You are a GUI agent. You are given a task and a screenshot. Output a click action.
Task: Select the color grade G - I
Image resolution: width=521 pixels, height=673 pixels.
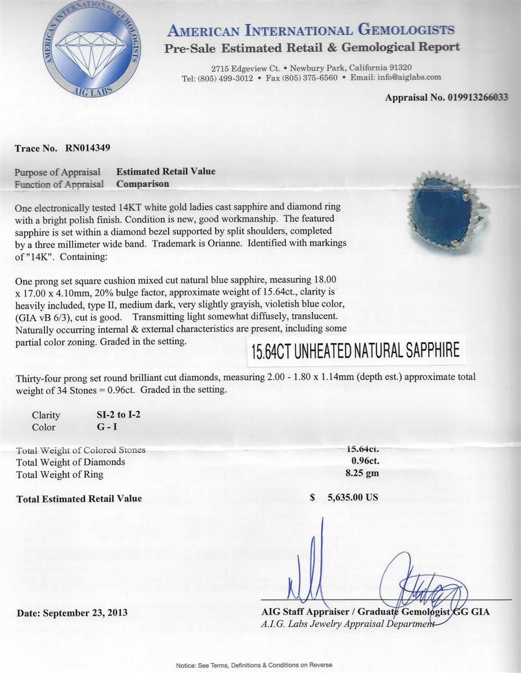click(102, 427)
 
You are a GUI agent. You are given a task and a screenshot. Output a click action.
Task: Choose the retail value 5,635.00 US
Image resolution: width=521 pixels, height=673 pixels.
click(353, 498)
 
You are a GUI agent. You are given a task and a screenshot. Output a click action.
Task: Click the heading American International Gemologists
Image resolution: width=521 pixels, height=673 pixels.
click(311, 30)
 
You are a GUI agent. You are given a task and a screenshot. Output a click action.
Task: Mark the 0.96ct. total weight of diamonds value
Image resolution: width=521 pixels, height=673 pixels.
click(365, 461)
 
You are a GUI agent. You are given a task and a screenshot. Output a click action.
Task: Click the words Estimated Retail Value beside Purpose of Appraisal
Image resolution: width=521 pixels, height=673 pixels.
click(166, 171)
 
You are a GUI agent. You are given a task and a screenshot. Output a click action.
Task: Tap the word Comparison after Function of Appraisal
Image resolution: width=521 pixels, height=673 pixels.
click(143, 184)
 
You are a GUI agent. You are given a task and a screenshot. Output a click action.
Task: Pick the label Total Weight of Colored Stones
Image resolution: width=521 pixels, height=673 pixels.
click(81, 450)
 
